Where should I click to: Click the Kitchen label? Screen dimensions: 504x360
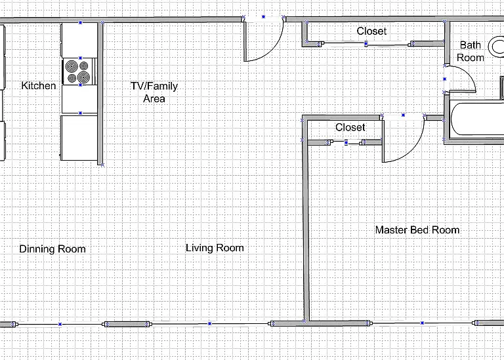click(x=39, y=85)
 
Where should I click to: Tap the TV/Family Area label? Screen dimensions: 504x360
click(x=154, y=92)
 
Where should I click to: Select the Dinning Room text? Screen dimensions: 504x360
click(x=52, y=249)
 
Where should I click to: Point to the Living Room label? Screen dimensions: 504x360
click(x=215, y=248)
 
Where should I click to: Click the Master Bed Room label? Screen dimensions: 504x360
click(x=417, y=230)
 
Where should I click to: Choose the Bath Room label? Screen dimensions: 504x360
click(x=471, y=51)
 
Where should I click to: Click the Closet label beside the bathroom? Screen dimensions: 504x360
click(x=371, y=31)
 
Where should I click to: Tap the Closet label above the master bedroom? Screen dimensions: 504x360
click(x=350, y=127)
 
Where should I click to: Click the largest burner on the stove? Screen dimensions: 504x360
click(x=83, y=77)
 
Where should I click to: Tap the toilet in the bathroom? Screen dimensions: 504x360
click(x=497, y=47)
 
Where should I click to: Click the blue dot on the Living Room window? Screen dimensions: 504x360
click(x=209, y=324)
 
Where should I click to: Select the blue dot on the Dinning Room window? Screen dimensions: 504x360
click(x=60, y=325)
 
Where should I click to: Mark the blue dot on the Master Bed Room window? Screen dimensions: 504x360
click(x=422, y=323)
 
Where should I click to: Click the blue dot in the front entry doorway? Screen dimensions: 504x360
click(x=264, y=16)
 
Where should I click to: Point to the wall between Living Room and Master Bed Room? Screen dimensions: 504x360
click(x=306, y=220)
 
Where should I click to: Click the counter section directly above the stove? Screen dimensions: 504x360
click(x=79, y=40)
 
